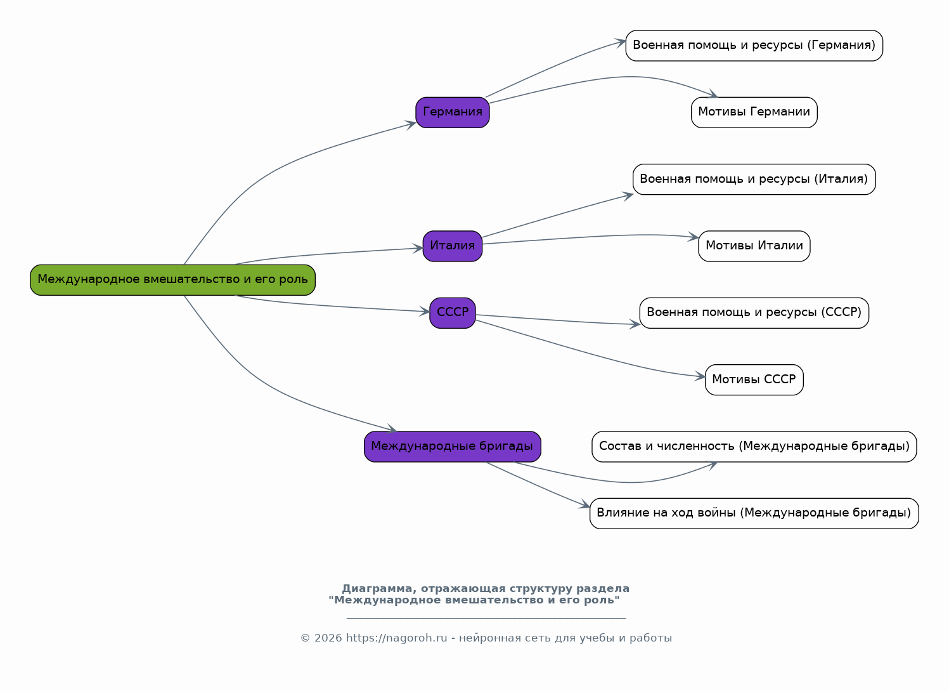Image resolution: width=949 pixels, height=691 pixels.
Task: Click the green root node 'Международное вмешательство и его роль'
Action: (x=172, y=280)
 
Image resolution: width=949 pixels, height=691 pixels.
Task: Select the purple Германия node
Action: (x=453, y=112)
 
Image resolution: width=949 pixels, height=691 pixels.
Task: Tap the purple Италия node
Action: (x=453, y=246)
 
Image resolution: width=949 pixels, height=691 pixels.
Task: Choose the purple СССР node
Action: (x=453, y=313)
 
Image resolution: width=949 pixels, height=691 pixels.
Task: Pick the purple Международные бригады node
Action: (x=453, y=447)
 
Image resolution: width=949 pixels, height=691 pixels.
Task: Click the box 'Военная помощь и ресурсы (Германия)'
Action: (x=754, y=46)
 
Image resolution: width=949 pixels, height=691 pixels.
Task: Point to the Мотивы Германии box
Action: (x=754, y=112)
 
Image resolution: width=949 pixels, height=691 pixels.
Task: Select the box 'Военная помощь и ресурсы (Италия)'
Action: (x=754, y=180)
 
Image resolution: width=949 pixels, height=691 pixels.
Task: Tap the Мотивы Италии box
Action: (x=754, y=246)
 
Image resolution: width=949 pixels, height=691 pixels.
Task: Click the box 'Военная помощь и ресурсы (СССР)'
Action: (x=754, y=313)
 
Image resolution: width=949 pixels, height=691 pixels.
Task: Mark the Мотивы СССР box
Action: (x=754, y=379)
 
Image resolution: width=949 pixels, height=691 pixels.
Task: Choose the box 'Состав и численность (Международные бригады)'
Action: (x=754, y=447)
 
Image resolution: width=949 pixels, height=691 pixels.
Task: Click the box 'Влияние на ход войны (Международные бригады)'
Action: (x=754, y=513)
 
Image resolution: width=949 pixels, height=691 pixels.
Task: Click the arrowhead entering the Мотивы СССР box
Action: (x=700, y=376)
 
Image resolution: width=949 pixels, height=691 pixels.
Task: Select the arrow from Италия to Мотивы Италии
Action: (x=589, y=237)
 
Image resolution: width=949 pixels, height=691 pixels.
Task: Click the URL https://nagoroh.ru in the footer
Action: (x=397, y=638)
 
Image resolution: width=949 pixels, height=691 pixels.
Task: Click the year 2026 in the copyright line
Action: (x=328, y=638)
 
